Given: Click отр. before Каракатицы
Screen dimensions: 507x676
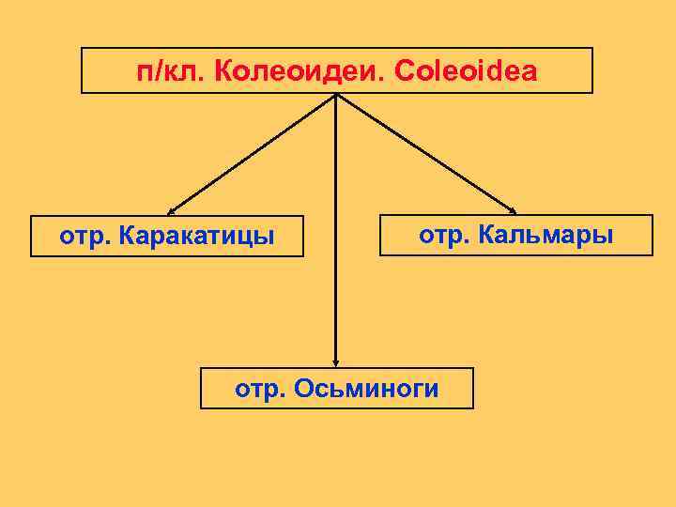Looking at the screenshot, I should [86, 236].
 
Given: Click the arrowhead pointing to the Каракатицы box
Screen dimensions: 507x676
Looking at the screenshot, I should [172, 210].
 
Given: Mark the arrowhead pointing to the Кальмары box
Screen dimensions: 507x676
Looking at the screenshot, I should [512, 208].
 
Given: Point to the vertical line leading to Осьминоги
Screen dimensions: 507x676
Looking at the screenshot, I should [335, 235].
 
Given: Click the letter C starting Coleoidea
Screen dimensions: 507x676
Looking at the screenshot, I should [405, 71].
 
